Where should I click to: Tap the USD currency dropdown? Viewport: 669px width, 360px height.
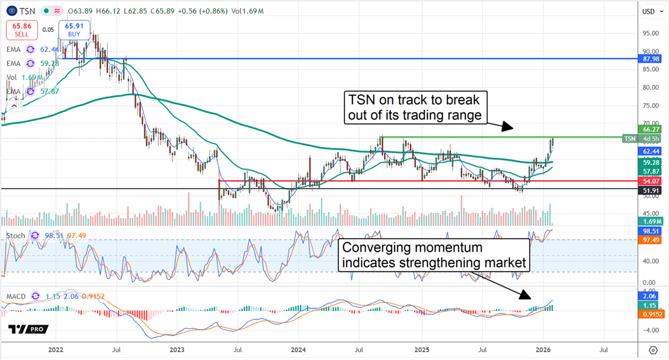click(648, 11)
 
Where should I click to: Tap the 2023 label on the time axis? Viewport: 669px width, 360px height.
click(177, 350)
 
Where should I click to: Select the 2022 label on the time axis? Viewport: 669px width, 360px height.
click(55, 350)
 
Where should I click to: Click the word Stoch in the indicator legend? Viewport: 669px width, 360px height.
click(16, 236)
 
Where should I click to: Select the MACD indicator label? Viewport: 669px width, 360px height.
click(17, 296)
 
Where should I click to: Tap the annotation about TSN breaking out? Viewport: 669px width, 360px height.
click(415, 107)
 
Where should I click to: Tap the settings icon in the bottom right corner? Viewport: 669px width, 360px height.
click(653, 350)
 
